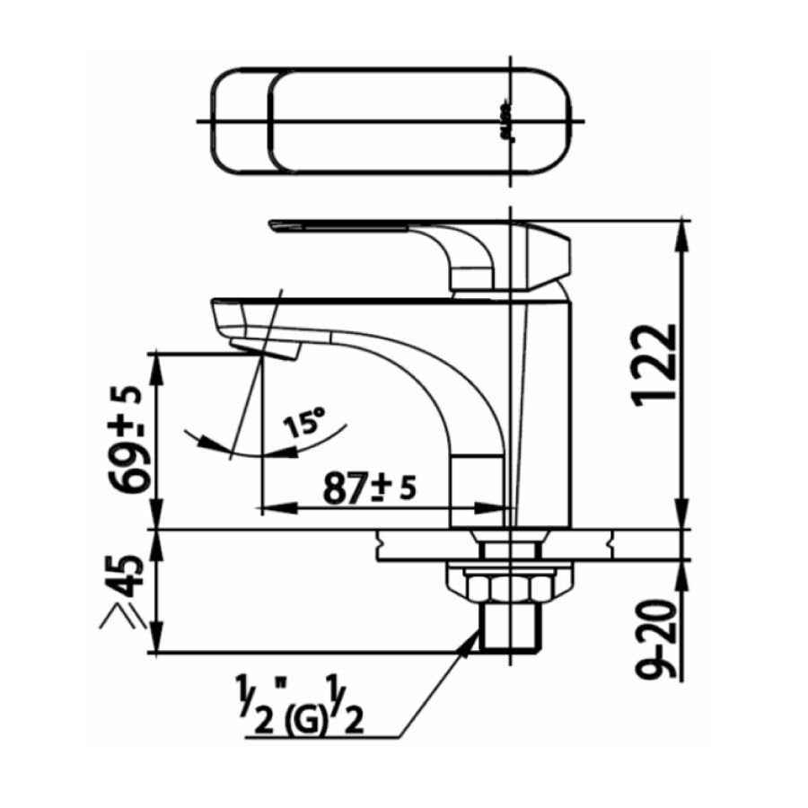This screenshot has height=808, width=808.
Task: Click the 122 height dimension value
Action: click(x=655, y=365)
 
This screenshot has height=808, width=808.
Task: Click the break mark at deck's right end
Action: click(x=611, y=543)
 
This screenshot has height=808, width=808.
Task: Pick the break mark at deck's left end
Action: click(x=382, y=543)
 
